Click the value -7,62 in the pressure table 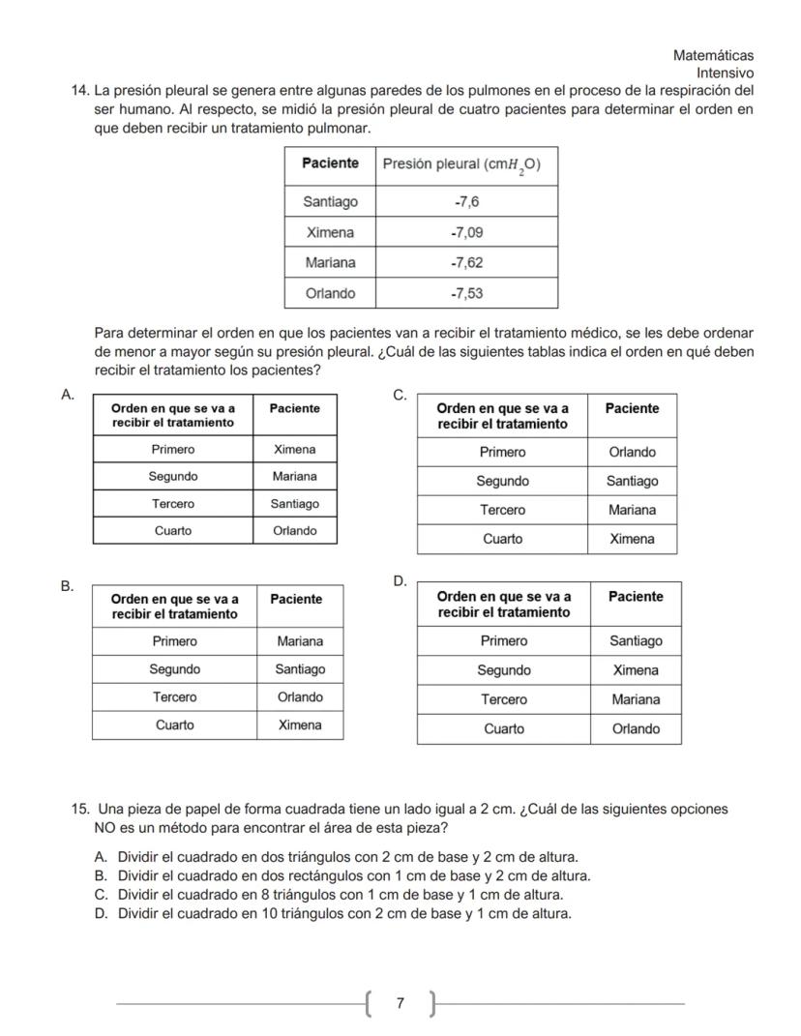[467, 262]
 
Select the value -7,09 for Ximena [467, 232]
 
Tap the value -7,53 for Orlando [467, 293]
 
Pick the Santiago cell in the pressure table [330, 201]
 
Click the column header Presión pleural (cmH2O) [461, 164]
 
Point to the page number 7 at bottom [400, 1004]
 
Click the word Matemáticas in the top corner [713, 56]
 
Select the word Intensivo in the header [725, 74]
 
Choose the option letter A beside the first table [67, 395]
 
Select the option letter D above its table [400, 580]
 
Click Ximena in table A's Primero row [294, 449]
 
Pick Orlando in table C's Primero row [632, 452]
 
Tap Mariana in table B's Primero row [300, 641]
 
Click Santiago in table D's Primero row [636, 640]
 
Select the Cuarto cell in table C [502, 539]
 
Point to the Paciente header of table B [296, 599]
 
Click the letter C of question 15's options [100, 895]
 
